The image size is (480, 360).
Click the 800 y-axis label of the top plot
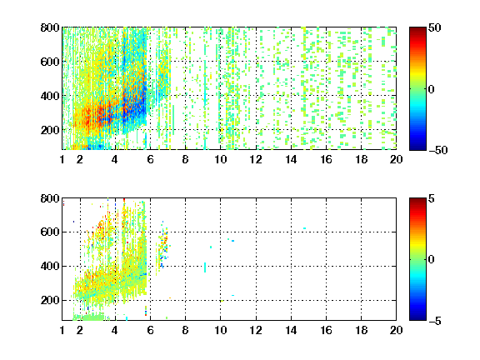point(50,27)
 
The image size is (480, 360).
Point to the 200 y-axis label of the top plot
point(50,130)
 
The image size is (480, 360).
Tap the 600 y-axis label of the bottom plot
point(50,232)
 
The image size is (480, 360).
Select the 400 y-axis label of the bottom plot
point(50,266)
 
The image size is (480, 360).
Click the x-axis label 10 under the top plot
point(220,159)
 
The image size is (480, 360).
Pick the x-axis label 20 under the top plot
point(396,159)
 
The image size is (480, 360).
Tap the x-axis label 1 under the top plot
point(62,159)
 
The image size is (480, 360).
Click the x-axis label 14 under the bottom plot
point(291,330)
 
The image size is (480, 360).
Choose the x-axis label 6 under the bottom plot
point(150,330)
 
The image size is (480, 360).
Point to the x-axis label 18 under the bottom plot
point(361,330)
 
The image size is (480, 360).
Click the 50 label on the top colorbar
point(434,27)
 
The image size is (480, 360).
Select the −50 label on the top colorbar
point(438,150)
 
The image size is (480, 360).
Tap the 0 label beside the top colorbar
point(431,89)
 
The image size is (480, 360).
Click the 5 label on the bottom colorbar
point(431,198)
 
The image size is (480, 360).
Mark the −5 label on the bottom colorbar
point(435,321)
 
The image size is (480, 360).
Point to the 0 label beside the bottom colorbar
point(431,260)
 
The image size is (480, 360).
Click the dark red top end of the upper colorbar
point(417,29)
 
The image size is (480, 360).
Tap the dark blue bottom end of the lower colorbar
point(417,318)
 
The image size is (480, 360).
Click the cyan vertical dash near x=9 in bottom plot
point(205,267)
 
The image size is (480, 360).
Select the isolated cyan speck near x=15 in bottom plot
point(305,228)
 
